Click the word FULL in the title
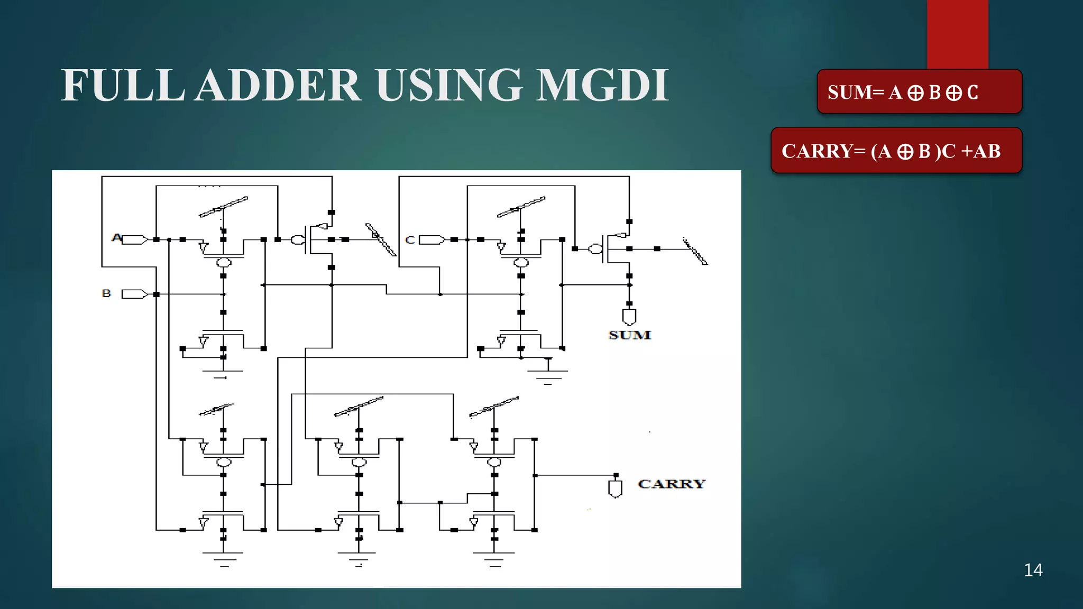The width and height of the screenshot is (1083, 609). click(x=123, y=85)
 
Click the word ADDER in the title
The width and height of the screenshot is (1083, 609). click(x=278, y=85)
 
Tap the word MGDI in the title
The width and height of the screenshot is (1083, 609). click(x=602, y=85)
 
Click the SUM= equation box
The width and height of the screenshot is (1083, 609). click(x=919, y=92)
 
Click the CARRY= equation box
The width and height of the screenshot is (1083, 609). click(x=896, y=151)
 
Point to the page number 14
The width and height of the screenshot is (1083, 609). click(x=1033, y=570)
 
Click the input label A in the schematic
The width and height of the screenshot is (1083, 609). click(x=116, y=238)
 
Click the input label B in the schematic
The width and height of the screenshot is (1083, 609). click(x=106, y=293)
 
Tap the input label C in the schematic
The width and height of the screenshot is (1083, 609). click(x=410, y=240)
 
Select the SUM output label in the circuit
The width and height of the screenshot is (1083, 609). click(x=629, y=335)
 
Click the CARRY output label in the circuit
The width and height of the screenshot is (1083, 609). click(x=671, y=484)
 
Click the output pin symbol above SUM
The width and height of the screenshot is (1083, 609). click(x=629, y=317)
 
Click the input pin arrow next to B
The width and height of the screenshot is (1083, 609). click(x=134, y=294)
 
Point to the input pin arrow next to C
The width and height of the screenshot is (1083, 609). click(x=432, y=240)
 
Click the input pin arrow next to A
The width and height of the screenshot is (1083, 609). click(x=135, y=240)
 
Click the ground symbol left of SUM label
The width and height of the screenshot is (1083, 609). click(x=548, y=373)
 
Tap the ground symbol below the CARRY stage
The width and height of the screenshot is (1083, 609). click(x=494, y=558)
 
